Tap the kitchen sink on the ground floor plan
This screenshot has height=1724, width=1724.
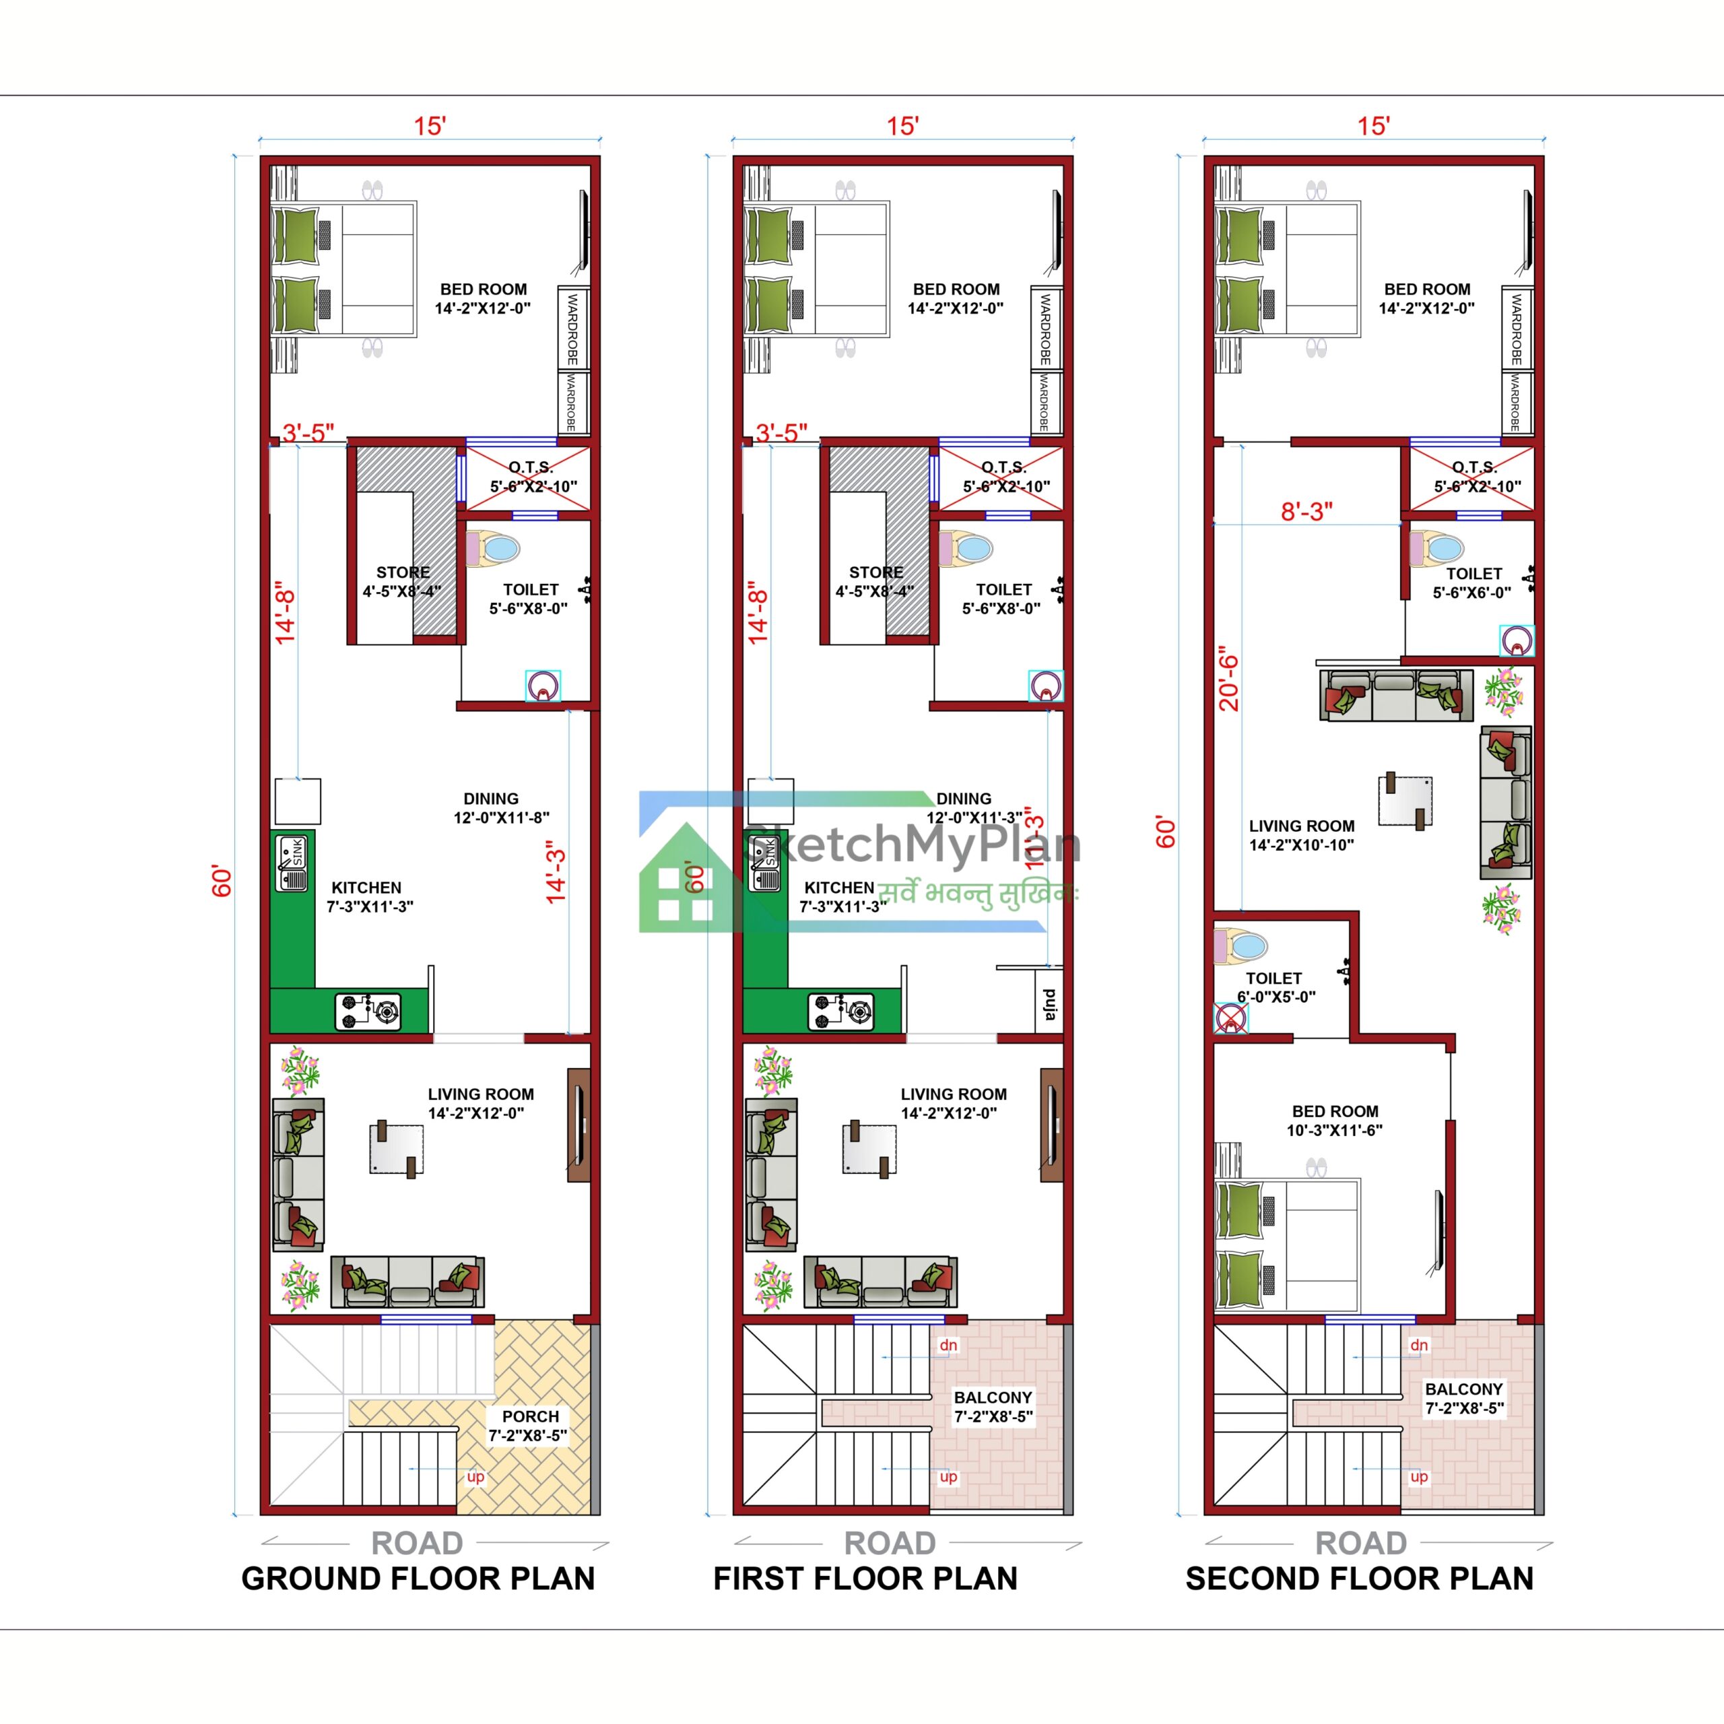coord(292,863)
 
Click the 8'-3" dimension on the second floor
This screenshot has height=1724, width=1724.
coord(1306,511)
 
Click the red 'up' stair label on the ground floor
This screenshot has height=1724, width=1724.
coord(475,1477)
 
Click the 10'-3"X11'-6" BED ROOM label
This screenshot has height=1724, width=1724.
coord(1335,1121)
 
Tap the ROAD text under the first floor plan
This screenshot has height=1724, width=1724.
coord(890,1543)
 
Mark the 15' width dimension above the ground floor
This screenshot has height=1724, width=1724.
coord(429,126)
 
